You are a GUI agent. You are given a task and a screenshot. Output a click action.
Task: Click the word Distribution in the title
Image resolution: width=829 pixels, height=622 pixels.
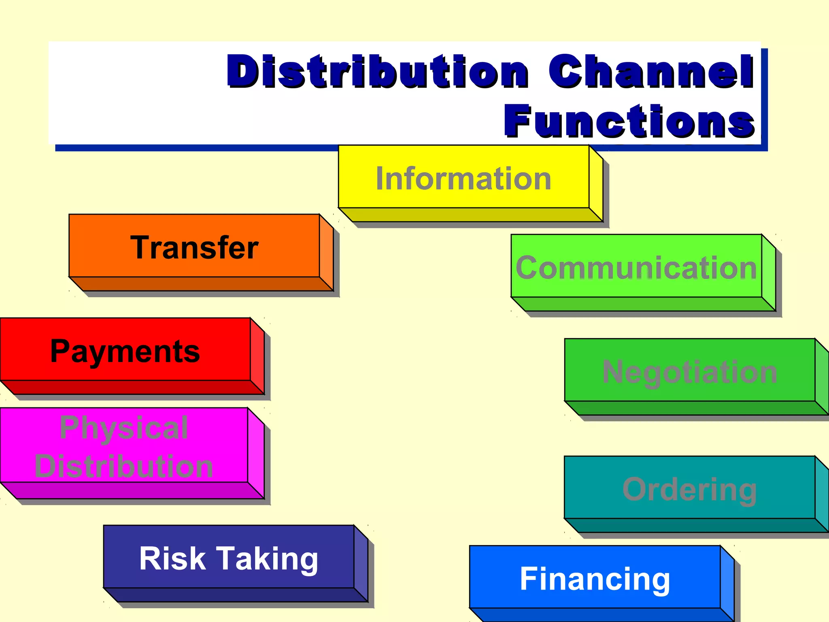click(x=377, y=72)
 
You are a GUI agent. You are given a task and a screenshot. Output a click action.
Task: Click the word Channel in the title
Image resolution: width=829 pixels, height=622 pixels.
click(x=651, y=72)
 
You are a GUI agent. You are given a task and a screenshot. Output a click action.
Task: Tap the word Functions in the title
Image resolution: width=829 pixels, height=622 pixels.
click(x=629, y=121)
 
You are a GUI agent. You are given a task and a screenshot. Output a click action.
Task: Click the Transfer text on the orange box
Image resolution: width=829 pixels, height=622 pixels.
click(x=194, y=247)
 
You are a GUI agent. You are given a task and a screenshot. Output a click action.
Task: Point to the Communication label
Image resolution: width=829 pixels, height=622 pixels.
click(x=636, y=268)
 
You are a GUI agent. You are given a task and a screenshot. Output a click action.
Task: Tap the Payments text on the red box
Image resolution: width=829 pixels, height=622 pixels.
click(x=125, y=351)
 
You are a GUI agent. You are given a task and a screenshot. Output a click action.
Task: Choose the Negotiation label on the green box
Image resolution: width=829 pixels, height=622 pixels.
click(x=689, y=372)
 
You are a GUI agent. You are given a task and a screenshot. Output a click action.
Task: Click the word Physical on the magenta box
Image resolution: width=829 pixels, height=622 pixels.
click(x=124, y=428)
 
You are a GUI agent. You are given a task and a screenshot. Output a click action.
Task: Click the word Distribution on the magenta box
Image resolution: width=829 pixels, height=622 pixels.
click(x=124, y=466)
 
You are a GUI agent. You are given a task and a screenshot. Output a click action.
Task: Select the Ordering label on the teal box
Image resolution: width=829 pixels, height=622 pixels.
click(x=689, y=490)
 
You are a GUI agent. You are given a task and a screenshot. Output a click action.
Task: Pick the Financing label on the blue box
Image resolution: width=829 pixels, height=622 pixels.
click(x=595, y=579)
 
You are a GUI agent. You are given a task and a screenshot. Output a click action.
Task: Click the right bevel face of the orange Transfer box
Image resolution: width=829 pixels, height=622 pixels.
click(x=326, y=253)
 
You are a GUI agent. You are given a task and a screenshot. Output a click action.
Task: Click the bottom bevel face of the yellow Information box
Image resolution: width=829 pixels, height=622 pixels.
click(x=470, y=215)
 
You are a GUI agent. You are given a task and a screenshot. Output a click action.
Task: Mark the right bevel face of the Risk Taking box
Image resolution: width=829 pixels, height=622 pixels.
click(x=361, y=564)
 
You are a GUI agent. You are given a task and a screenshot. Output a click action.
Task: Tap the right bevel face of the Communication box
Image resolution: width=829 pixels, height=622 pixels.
click(x=768, y=273)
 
